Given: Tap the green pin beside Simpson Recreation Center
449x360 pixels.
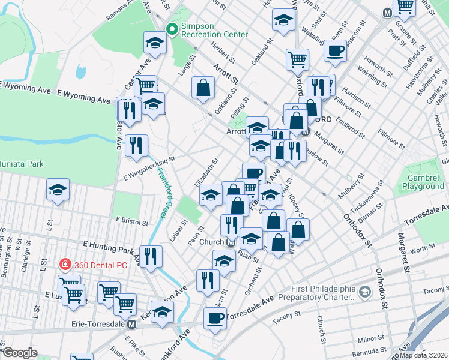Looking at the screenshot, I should pos(172,29).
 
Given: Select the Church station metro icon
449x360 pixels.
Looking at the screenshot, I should pos(231,242).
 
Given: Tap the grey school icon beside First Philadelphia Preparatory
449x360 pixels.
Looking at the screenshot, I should pos(364,292).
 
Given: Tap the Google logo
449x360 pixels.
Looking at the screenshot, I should pos(19,353).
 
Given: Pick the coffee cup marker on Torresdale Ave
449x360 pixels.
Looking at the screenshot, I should pos(215,318).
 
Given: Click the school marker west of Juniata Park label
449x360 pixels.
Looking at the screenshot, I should pos(58,190).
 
